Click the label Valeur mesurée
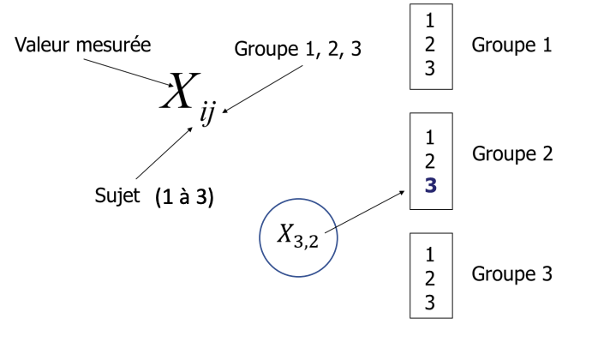tap(83, 45)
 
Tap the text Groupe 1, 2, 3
tap(298, 49)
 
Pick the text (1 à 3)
tap(184, 197)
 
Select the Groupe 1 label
tap(511, 45)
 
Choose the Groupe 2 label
tap(512, 154)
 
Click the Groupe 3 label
tap(511, 274)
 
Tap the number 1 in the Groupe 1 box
tap(430, 19)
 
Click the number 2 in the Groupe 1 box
tap(430, 43)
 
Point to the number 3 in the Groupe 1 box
tap(430, 68)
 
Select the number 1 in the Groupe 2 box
tap(430, 136)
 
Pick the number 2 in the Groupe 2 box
tap(430, 160)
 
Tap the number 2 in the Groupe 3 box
tap(430, 278)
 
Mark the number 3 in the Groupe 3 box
tap(430, 302)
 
